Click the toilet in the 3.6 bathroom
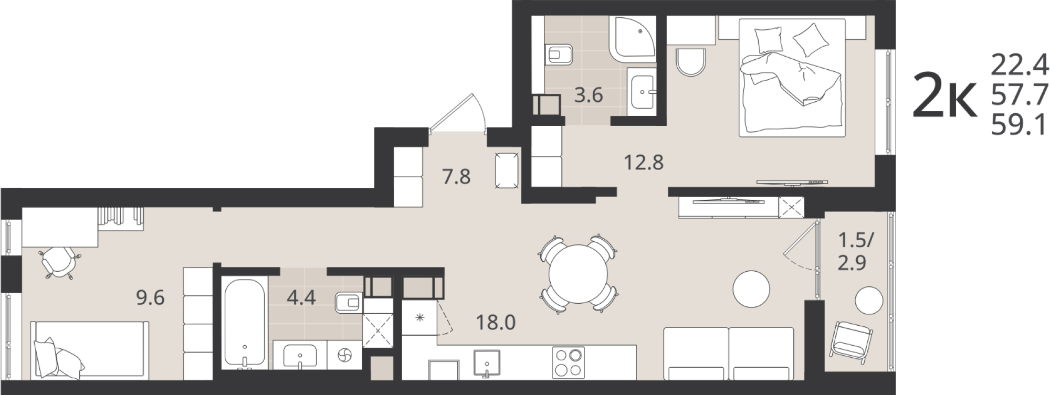click(x=558, y=54)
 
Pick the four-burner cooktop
click(x=568, y=362)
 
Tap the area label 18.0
click(x=496, y=322)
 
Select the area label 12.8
click(x=644, y=162)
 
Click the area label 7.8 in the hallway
click(x=456, y=177)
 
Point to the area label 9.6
click(x=150, y=297)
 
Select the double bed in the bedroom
click(x=792, y=78)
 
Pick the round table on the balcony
click(x=869, y=301)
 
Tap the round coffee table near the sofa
click(x=751, y=289)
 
